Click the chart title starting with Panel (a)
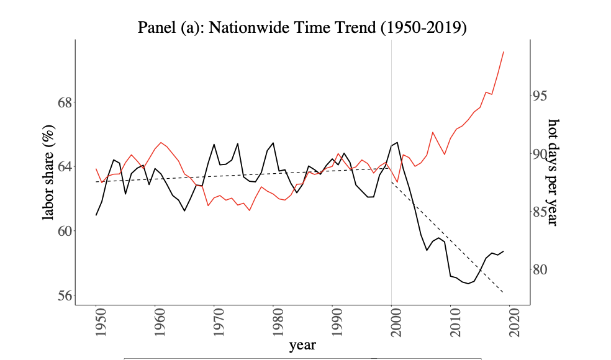point(302,28)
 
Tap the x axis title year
point(302,344)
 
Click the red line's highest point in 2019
point(504,52)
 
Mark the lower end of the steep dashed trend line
point(503,292)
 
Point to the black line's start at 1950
point(96,215)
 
